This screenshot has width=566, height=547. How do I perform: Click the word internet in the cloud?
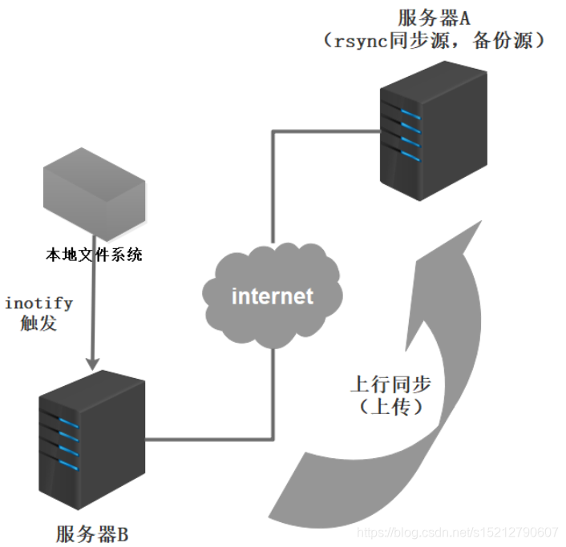pos(273,296)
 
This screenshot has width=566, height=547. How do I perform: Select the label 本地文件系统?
pos(94,255)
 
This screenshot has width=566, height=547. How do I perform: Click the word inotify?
pos(38,304)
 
